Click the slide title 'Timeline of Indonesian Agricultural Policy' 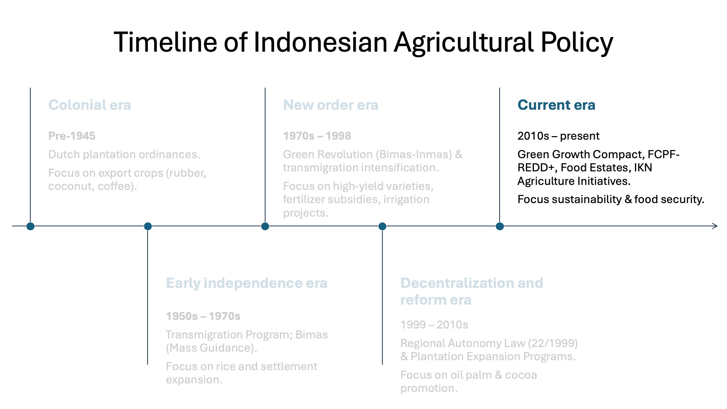pyautogui.click(x=363, y=42)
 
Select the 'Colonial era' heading pyautogui.click(x=90, y=105)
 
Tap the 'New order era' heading pyautogui.click(x=331, y=105)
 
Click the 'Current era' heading pyautogui.click(x=556, y=105)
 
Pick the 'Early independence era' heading pyautogui.click(x=247, y=283)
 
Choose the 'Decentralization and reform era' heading pyautogui.click(x=472, y=291)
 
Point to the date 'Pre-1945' pyautogui.click(x=72, y=136)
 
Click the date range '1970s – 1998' pyautogui.click(x=317, y=136)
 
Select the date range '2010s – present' pyautogui.click(x=558, y=136)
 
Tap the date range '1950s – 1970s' pyautogui.click(x=203, y=316)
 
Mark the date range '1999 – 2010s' pyautogui.click(x=434, y=325)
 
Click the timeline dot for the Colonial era pyautogui.click(x=30, y=226)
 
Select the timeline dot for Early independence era pyautogui.click(x=148, y=226)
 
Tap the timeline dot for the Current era pyautogui.click(x=500, y=226)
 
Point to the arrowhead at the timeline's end pyautogui.click(x=717, y=226)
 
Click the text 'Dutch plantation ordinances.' pyautogui.click(x=124, y=155)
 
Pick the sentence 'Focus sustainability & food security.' pyautogui.click(x=611, y=199)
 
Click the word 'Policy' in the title pyautogui.click(x=577, y=42)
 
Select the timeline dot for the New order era pyautogui.click(x=265, y=226)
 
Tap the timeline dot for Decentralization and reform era pyautogui.click(x=382, y=226)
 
